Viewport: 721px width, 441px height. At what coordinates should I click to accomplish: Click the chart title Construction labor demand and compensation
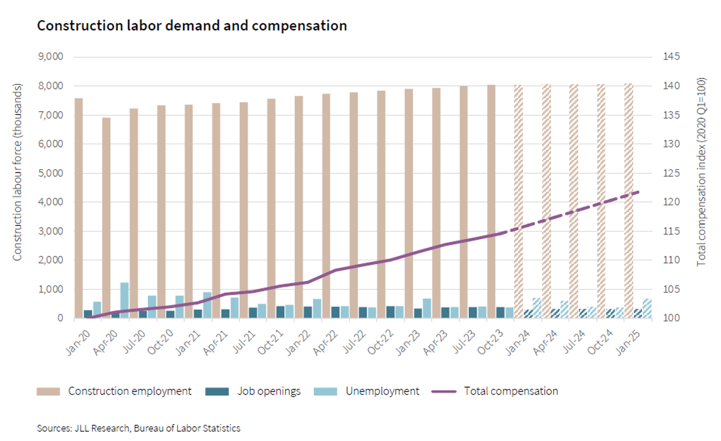tap(192, 26)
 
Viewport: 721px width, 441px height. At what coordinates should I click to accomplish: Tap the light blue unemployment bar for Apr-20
tap(125, 300)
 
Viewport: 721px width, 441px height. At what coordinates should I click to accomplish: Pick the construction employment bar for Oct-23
tap(492, 201)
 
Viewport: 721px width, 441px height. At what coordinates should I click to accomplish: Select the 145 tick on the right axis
tap(671, 56)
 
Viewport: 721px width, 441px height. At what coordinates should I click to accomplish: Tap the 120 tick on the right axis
tap(671, 202)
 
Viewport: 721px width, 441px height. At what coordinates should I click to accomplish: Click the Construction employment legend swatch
tap(48, 391)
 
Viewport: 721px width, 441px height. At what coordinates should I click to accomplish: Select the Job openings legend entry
tap(269, 391)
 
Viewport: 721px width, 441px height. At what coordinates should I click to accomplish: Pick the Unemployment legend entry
tap(382, 391)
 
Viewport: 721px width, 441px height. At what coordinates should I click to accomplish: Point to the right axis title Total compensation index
tap(702, 172)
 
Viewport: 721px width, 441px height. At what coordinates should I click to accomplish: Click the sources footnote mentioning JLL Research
tap(139, 428)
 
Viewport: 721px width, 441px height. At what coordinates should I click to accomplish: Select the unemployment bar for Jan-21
tap(207, 305)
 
